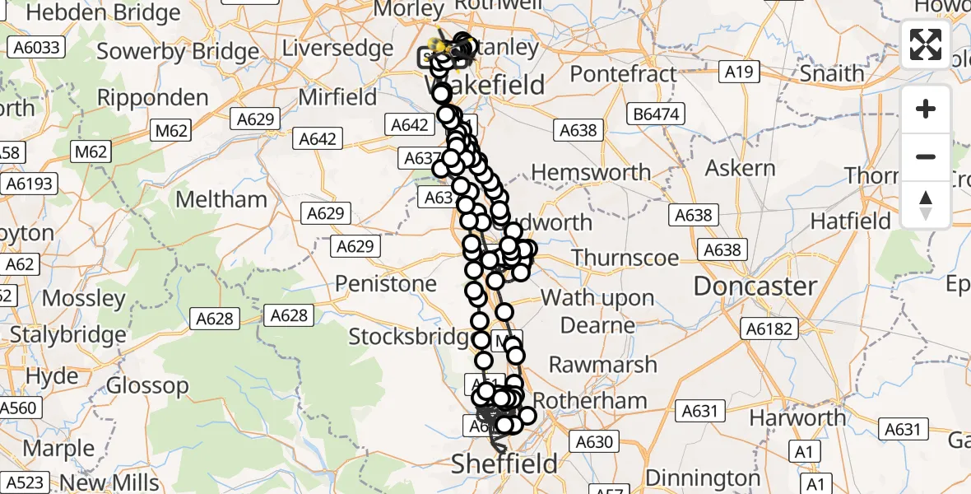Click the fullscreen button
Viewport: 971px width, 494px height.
926,44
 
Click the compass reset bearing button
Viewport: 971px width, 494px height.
926,205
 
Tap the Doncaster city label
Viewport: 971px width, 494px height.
755,287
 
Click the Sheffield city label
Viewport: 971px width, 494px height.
504,464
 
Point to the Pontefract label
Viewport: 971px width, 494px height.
623,74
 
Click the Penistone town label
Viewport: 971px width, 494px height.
385,284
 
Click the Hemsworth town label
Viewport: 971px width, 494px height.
591,173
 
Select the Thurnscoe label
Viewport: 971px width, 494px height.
625,258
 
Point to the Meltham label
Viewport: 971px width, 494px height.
222,199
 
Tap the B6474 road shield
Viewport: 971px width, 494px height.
657,114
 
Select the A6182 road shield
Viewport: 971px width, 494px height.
769,329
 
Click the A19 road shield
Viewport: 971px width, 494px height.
739,72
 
